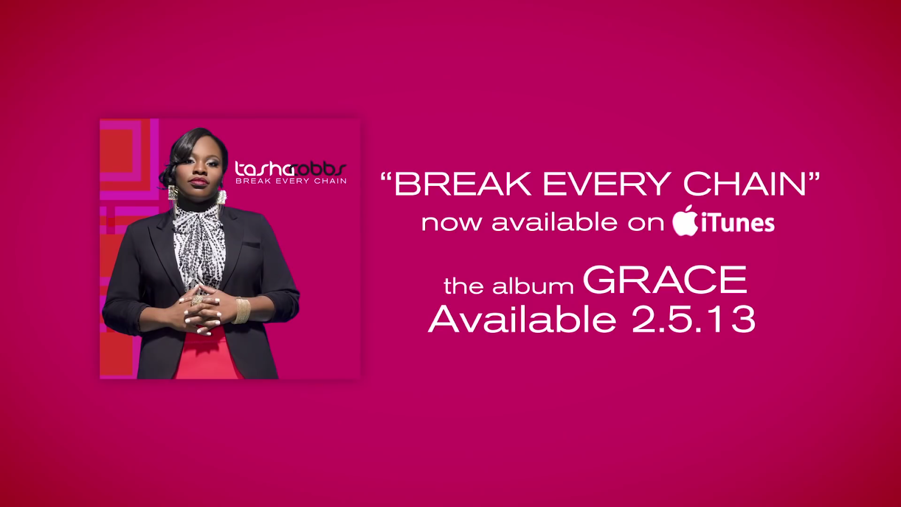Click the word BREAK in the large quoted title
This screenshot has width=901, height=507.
pyautogui.click(x=462, y=184)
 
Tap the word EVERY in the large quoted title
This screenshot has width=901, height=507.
pyautogui.click(x=606, y=184)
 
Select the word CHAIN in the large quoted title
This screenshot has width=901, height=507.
pyautogui.click(x=744, y=184)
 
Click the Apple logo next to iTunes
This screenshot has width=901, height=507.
pyautogui.click(x=685, y=221)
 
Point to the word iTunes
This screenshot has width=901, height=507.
pyautogui.click(x=738, y=223)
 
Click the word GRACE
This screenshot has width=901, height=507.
pyautogui.click(x=664, y=280)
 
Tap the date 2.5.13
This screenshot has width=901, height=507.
pyautogui.click(x=693, y=319)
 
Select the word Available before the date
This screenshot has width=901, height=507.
pyautogui.click(x=522, y=319)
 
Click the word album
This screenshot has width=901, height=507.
pyautogui.click(x=533, y=286)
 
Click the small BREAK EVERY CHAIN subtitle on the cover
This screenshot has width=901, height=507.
pyautogui.click(x=291, y=181)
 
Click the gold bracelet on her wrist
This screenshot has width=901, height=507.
pyautogui.click(x=242, y=310)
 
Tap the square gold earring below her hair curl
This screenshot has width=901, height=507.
pyautogui.click(x=173, y=193)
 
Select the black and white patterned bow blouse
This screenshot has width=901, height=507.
pyautogui.click(x=199, y=242)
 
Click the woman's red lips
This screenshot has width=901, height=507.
pyautogui.click(x=198, y=181)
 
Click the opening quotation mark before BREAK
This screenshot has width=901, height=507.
pyautogui.click(x=386, y=177)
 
